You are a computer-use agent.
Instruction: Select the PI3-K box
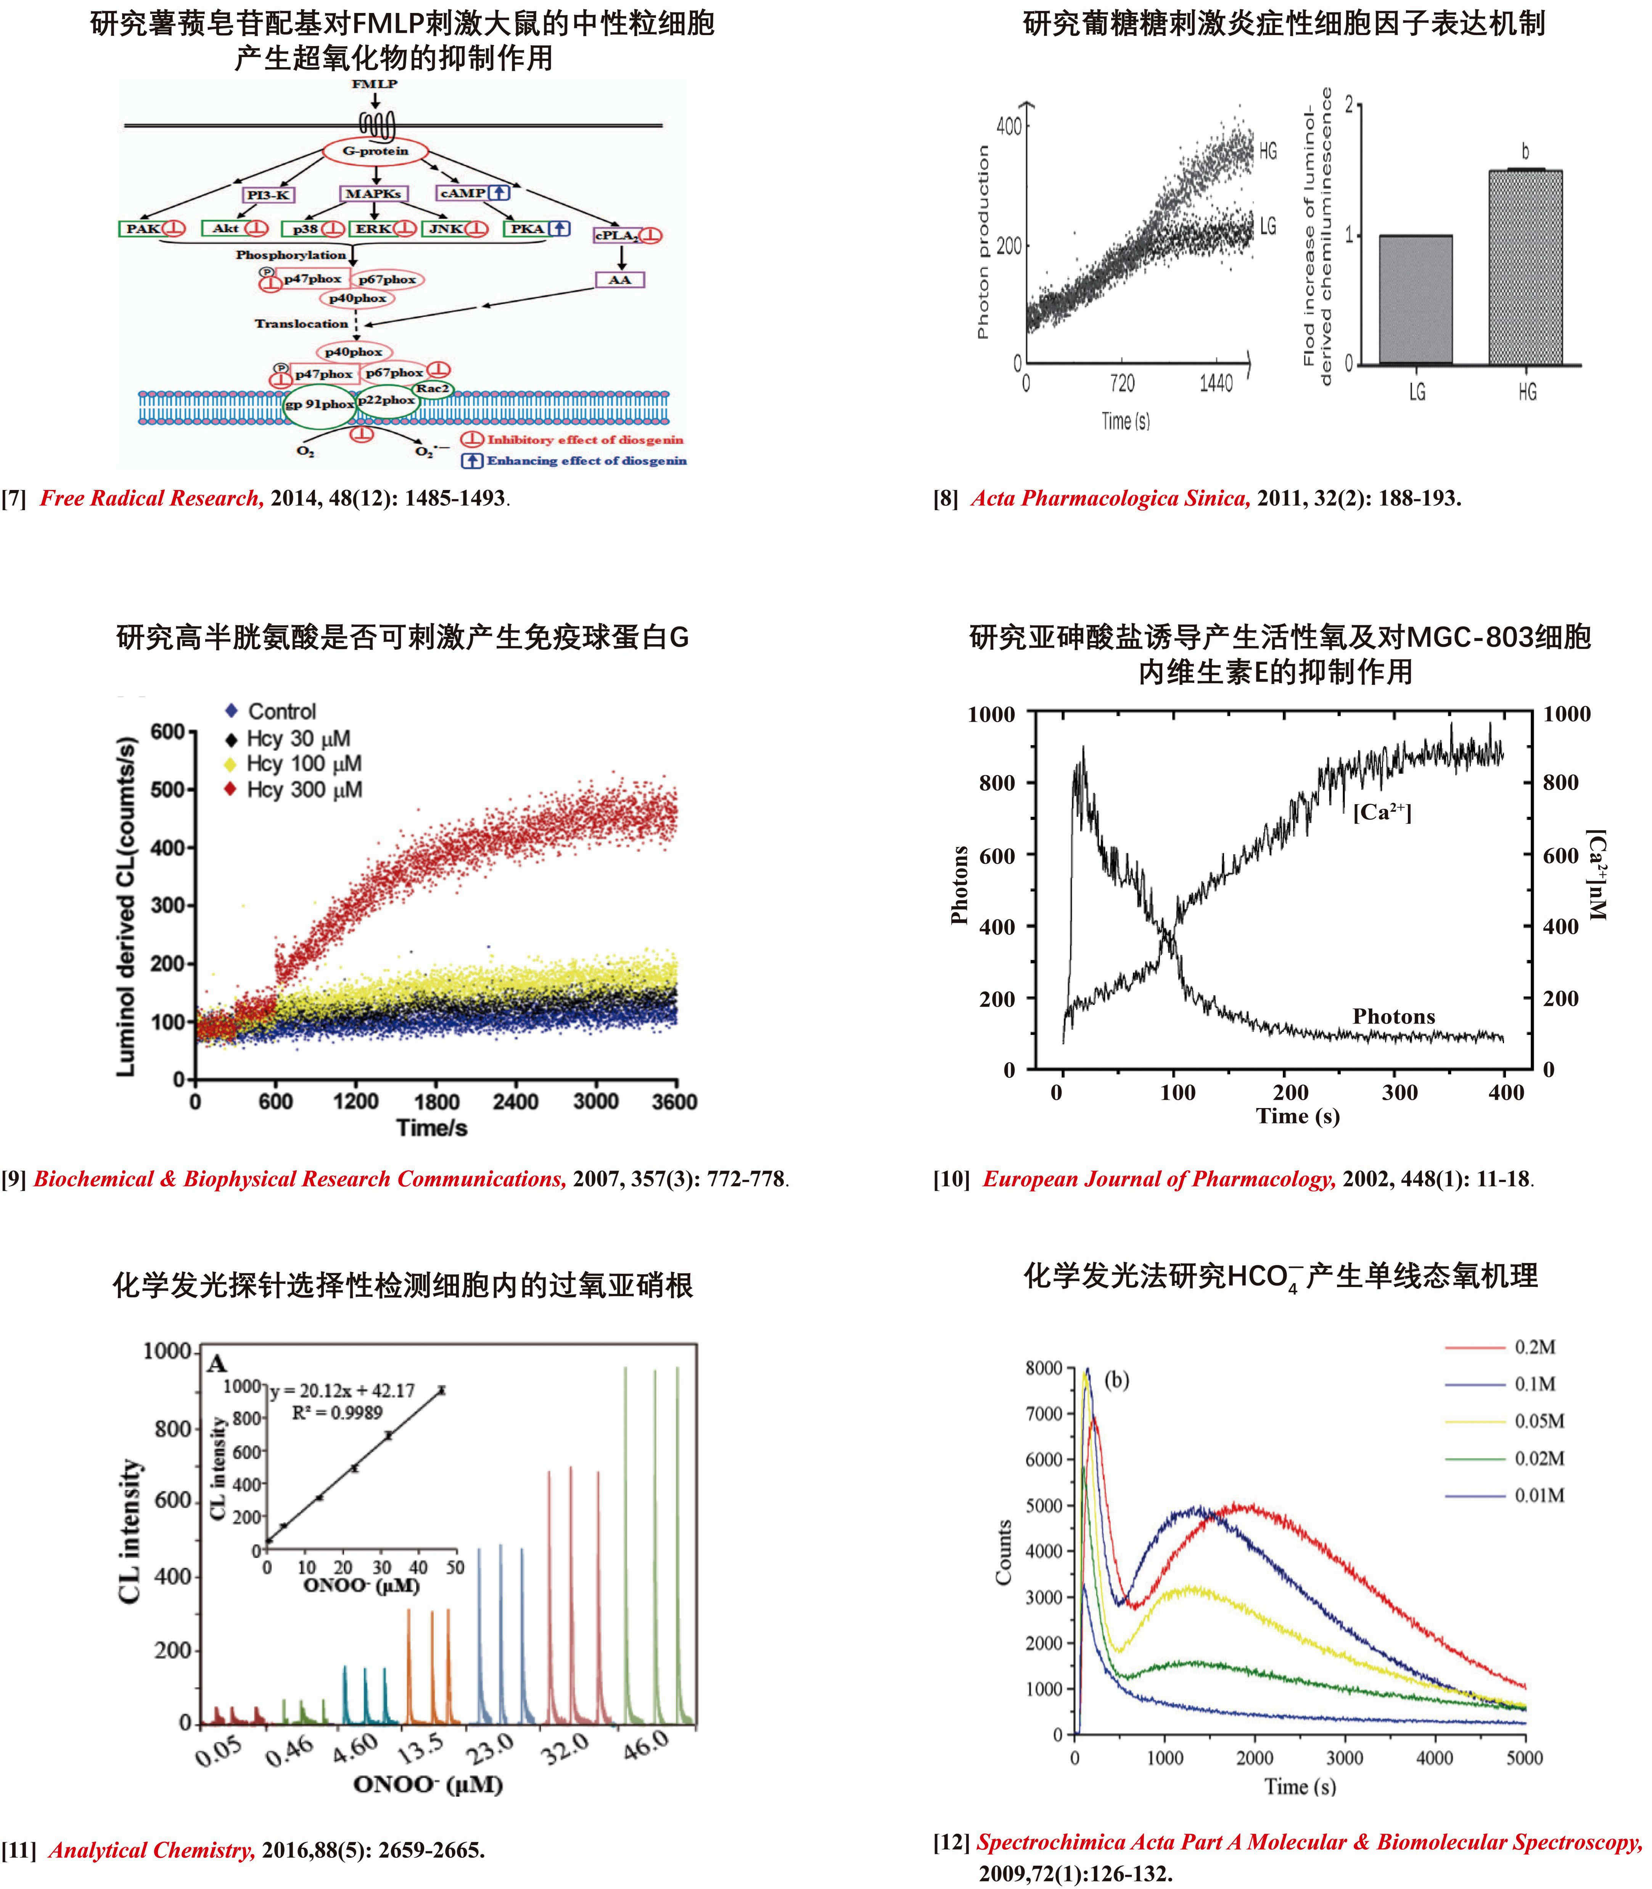click(269, 194)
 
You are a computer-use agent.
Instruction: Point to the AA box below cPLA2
click(619, 279)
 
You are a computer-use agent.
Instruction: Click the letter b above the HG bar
click(1525, 151)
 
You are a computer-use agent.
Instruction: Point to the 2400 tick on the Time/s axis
click(515, 1102)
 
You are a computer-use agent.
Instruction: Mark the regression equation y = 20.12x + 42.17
click(343, 1389)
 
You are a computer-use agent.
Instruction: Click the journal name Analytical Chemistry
click(152, 1849)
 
